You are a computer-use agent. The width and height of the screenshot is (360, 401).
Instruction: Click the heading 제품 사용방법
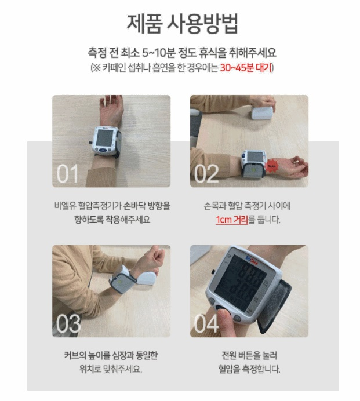[x=183, y=24]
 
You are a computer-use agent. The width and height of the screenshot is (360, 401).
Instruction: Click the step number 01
[x=67, y=173]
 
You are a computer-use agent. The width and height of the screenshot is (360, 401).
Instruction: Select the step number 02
[x=206, y=173]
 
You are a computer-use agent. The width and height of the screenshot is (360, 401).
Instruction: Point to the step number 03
[x=68, y=323]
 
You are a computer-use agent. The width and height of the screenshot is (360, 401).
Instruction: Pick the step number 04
[x=206, y=323]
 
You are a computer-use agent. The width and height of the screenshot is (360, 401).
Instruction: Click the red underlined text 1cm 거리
[x=232, y=220]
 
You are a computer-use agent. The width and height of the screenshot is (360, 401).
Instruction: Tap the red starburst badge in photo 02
[x=271, y=166]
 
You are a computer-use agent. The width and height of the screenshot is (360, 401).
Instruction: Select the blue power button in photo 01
[x=103, y=151]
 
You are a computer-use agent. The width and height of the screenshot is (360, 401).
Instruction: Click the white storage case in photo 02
[x=262, y=113]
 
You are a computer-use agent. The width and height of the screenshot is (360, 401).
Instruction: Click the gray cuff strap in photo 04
[x=274, y=307]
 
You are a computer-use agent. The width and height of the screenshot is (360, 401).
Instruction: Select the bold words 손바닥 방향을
[x=147, y=206]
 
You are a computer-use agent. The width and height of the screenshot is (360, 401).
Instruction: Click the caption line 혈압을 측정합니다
[x=249, y=369]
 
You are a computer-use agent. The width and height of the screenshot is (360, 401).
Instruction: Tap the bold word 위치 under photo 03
[x=87, y=369]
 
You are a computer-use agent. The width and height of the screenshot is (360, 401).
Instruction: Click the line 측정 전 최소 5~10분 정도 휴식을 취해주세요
[x=182, y=53]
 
